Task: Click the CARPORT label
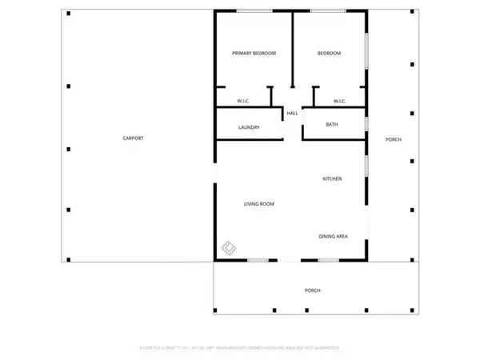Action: point(133,138)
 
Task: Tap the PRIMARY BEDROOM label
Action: point(254,53)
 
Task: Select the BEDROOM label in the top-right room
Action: point(329,53)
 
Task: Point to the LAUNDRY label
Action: point(249,127)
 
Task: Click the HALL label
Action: point(293,114)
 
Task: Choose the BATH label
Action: point(333,124)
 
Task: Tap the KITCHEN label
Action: point(332,178)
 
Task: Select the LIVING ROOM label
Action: point(259,204)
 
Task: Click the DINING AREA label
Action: point(334,236)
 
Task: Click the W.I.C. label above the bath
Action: point(338,101)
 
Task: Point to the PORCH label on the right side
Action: point(393,140)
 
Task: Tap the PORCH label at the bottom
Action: point(312,290)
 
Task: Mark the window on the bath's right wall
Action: point(367,124)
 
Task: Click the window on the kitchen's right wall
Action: point(367,166)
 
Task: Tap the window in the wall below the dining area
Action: point(328,260)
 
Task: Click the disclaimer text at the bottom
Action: point(240,348)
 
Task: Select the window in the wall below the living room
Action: point(257,260)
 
